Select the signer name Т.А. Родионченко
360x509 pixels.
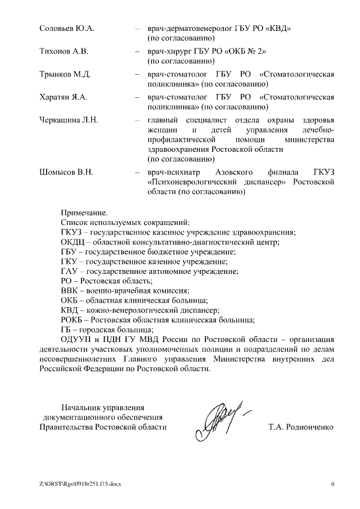[x=301, y=427]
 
